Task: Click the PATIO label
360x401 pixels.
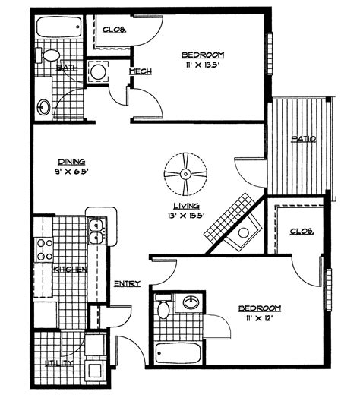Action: pos(304,139)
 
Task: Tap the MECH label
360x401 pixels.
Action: pos(141,71)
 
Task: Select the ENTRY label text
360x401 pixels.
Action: pos(127,283)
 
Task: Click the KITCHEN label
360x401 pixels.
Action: pos(70,270)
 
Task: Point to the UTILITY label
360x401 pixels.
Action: pos(59,363)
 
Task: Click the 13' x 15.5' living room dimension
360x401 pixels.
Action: pos(187,216)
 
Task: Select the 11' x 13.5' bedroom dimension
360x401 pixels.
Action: pos(201,65)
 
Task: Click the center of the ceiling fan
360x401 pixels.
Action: pos(185,175)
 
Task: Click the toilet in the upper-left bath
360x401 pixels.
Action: pos(48,55)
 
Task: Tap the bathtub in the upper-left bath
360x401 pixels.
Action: pos(58,27)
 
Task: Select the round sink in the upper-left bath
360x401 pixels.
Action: pos(44,106)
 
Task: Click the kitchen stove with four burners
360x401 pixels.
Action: pos(44,249)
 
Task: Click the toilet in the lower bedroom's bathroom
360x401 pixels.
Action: pos(163,307)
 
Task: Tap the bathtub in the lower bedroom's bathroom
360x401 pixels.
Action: pos(178,352)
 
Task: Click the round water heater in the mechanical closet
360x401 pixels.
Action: pos(98,72)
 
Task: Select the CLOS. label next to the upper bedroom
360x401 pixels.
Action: pos(114,30)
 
